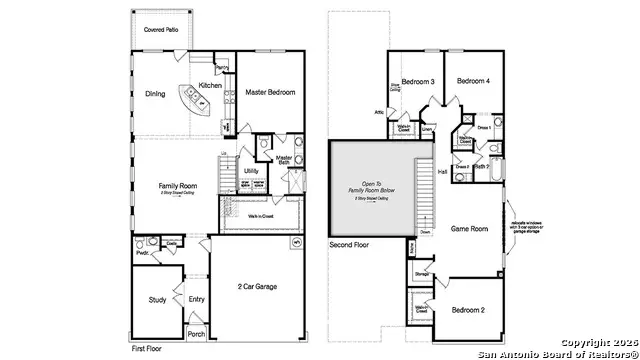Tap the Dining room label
tap(155, 96)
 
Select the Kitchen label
tap(210, 86)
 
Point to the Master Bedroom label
tap(270, 92)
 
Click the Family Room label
tap(176, 186)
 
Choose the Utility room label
tap(251, 171)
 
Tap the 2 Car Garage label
tap(257, 287)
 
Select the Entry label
tap(196, 298)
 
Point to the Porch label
tap(196, 334)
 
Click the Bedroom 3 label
tap(418, 81)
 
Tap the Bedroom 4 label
tap(473, 81)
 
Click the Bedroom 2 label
tap(468, 310)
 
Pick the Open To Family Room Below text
tap(372, 187)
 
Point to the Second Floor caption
tap(350, 244)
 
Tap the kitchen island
tap(191, 100)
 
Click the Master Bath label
tap(284, 159)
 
